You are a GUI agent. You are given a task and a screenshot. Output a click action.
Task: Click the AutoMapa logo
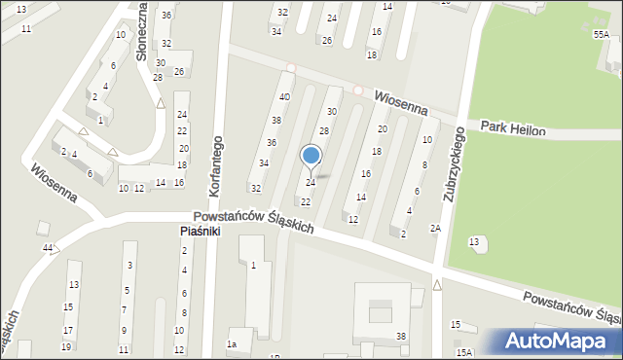coord(560,342)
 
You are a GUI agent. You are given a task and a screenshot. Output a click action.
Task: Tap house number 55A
coord(601,35)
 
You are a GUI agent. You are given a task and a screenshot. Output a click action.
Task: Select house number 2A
coord(436,229)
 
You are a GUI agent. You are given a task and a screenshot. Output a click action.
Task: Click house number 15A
coord(464,352)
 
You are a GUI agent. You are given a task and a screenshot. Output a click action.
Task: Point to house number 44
coord(48,249)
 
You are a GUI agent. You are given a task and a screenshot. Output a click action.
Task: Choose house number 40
coord(284,97)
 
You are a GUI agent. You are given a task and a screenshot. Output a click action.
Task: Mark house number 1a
coord(232,344)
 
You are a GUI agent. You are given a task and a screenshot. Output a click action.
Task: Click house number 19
coord(66,346)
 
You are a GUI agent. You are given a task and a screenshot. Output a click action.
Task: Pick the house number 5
coord(127,290)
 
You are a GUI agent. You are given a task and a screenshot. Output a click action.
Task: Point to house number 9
coord(123,331)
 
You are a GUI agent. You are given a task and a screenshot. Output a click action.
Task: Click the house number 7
coord(124,310)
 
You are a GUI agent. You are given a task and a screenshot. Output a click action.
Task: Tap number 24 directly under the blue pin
coord(311,183)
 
